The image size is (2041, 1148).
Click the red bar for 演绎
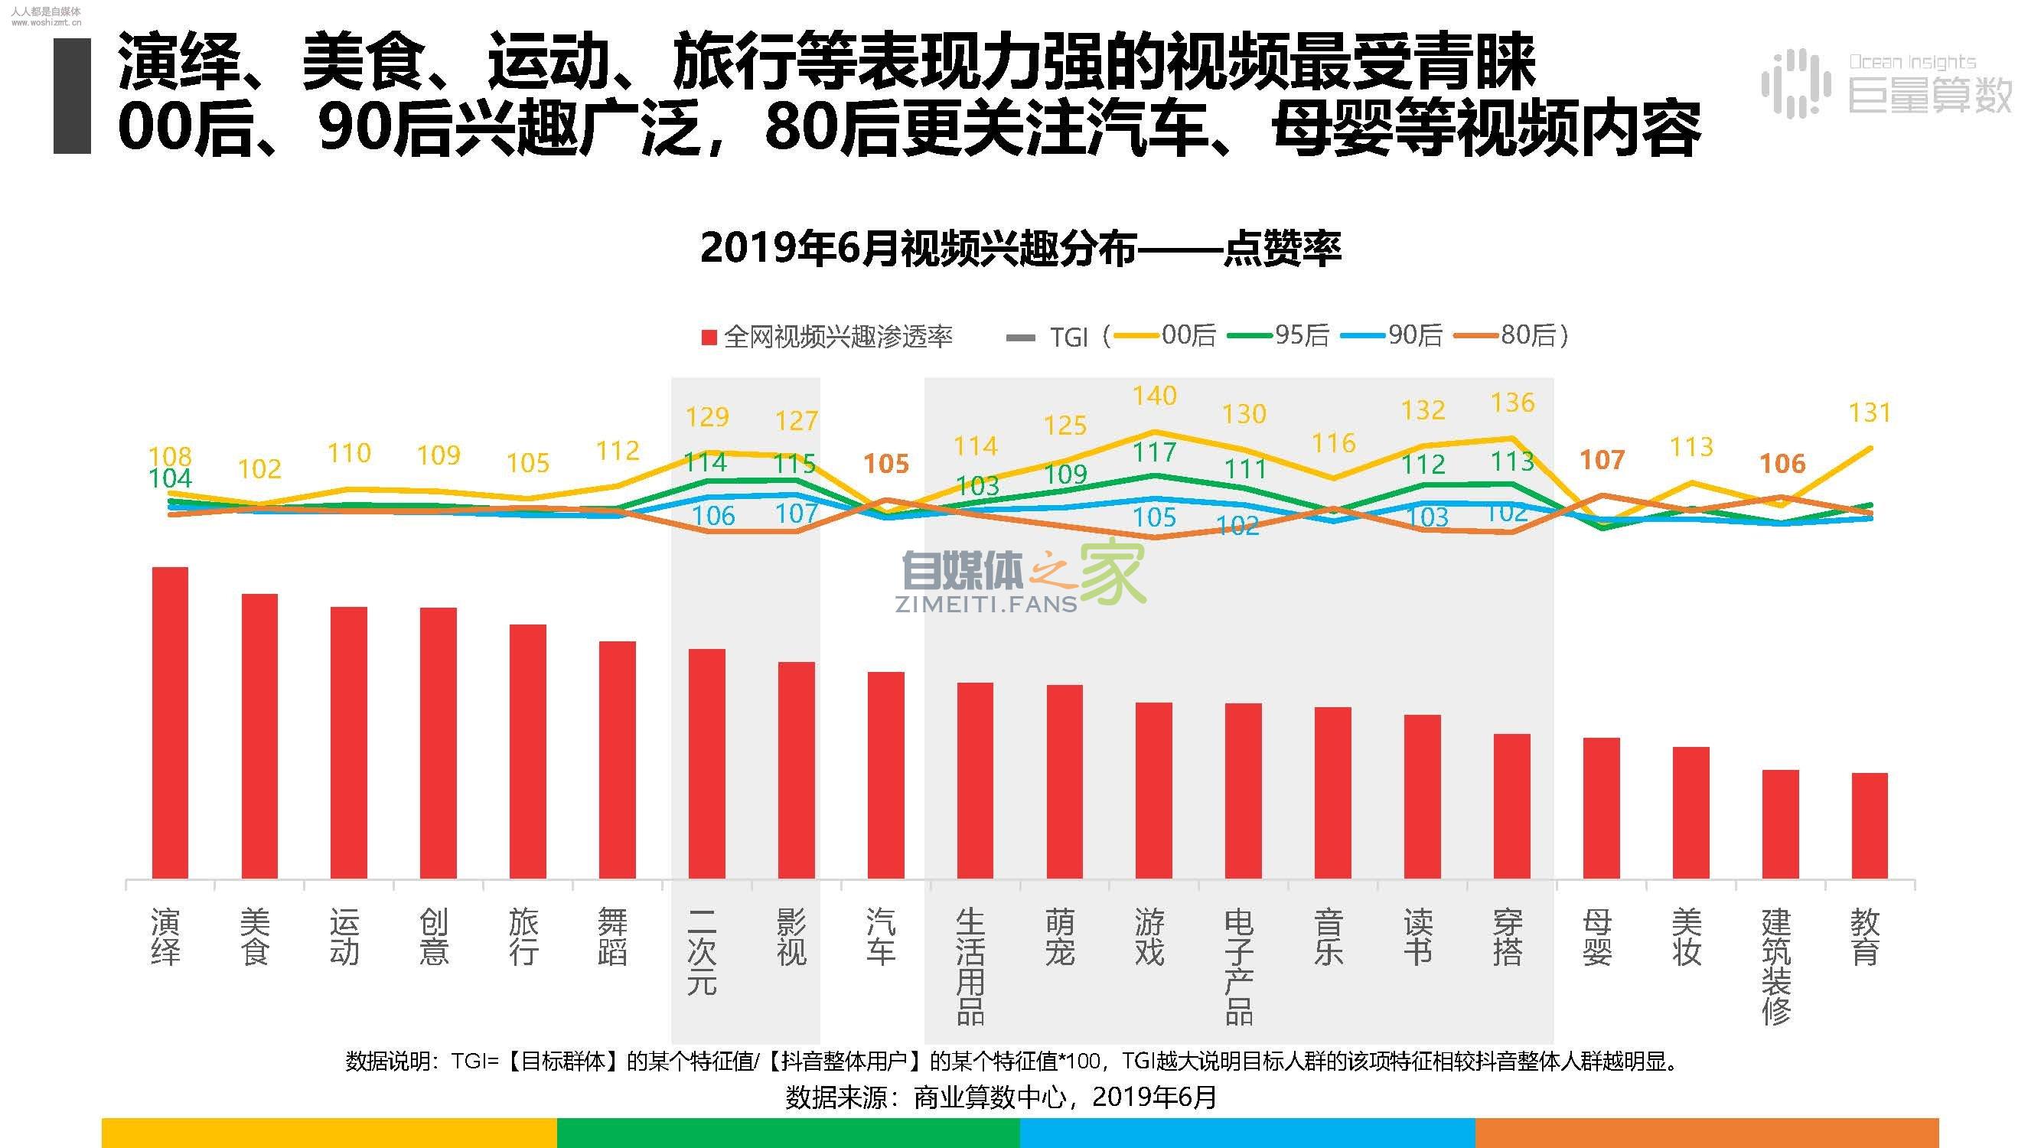click(x=170, y=722)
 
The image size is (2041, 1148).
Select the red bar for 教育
click(x=1869, y=825)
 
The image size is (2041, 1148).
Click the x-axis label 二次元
click(x=701, y=951)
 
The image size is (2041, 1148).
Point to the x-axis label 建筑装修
click(x=1775, y=967)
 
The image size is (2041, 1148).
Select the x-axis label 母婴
click(x=1597, y=938)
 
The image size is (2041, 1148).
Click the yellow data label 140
click(x=1154, y=396)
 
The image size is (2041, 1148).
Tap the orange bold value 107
click(x=1602, y=459)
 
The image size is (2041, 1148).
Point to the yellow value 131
click(x=1870, y=413)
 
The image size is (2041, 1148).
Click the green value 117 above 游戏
click(x=1154, y=452)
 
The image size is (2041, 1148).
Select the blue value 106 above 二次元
click(x=713, y=516)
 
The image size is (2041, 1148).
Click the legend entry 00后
click(x=1188, y=336)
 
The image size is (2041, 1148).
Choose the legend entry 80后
click(x=1527, y=336)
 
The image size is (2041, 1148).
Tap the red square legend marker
click(x=709, y=338)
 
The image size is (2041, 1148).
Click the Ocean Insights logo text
click(x=1912, y=62)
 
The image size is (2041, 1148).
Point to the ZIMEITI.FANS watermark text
click(x=986, y=605)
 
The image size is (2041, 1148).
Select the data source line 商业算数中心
click(x=1001, y=1097)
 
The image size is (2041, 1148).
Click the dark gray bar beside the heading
click(x=72, y=96)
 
